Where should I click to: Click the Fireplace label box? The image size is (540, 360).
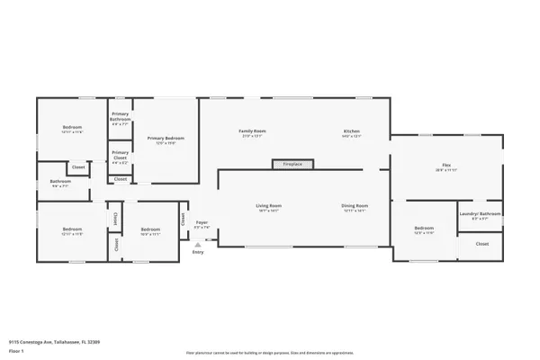pos(293,165)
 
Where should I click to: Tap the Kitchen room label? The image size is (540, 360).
pos(351,131)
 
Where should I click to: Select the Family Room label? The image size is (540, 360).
pos(252,131)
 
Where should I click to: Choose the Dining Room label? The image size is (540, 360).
pos(355,206)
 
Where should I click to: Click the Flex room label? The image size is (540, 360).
pos(446,166)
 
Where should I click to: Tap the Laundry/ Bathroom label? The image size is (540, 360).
pos(480,214)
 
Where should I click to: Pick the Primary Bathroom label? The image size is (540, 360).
pos(120,115)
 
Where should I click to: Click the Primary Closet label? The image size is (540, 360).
pos(120,154)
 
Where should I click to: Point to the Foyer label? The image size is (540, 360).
pos(202,223)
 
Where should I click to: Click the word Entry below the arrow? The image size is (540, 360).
pos(198,252)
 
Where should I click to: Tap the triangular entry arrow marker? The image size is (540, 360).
pos(198,245)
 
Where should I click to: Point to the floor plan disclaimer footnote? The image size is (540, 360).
pos(269,353)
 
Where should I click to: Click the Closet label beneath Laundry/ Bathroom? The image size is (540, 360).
pos(482,244)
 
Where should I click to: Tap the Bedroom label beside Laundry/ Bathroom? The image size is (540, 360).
pos(424,229)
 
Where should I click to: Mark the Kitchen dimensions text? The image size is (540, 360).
pos(351,137)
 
